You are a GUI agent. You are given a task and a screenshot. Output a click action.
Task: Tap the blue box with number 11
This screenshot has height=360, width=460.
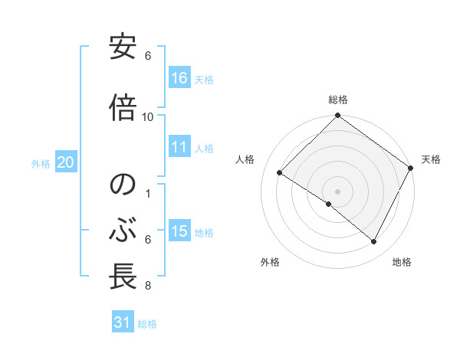tap(179, 147)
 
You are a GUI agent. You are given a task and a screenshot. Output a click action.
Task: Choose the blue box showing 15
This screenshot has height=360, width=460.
tap(179, 231)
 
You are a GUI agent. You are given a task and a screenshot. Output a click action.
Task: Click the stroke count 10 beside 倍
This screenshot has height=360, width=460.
tap(148, 117)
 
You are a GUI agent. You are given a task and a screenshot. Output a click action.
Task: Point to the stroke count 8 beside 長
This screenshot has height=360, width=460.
tap(147, 286)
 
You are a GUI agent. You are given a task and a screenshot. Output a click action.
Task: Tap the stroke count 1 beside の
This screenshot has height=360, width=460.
tap(147, 193)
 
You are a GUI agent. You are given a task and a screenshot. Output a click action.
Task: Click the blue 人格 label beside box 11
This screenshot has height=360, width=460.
tap(204, 149)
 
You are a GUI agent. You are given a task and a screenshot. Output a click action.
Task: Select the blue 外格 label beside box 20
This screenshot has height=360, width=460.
tap(41, 163)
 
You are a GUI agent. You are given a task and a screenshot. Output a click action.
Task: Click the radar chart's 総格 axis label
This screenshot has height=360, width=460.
tap(337, 100)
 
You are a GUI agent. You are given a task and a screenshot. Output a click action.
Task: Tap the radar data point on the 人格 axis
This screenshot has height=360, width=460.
tap(280, 173)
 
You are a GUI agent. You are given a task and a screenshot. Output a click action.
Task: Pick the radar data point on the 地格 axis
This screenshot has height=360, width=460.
tap(374, 242)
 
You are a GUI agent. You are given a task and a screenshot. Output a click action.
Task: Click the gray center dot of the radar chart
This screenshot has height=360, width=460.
tap(337, 191)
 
